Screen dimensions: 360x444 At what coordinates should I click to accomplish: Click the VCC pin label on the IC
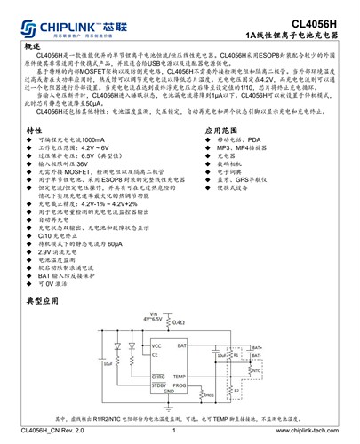pos(156,345)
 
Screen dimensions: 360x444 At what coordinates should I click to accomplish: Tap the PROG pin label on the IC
pos(180,385)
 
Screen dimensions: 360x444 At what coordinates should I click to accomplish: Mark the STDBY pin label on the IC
pos(158,385)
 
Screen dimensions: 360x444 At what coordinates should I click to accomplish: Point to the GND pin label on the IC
pos(169,392)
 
